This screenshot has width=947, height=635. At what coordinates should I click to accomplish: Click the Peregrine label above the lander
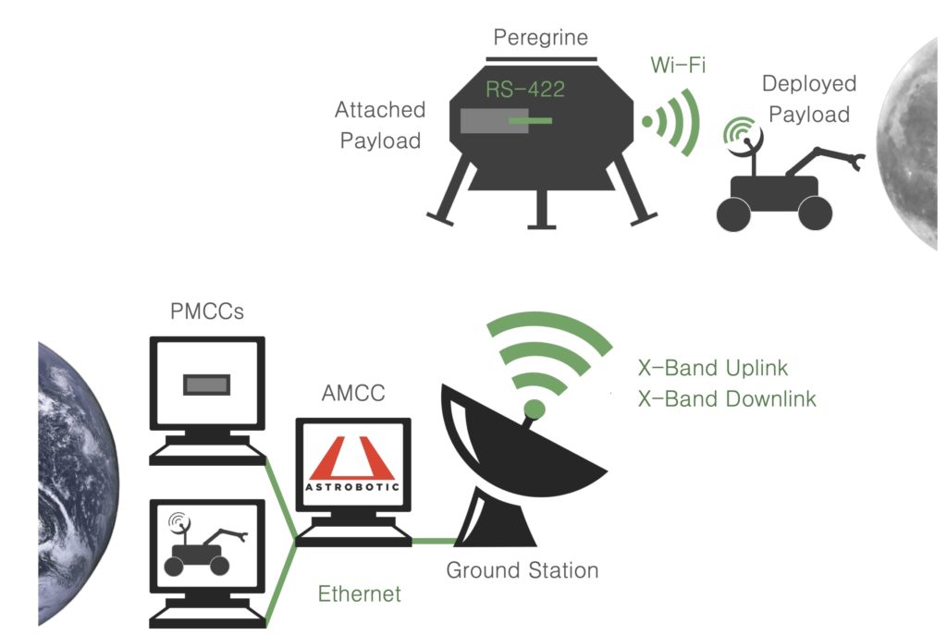(540, 38)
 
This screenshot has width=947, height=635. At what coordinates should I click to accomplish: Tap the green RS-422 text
(525, 91)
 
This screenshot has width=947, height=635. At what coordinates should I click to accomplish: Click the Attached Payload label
(380, 126)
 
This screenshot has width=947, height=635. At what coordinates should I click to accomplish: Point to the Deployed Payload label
(809, 99)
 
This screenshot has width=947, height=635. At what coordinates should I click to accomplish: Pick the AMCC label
(353, 394)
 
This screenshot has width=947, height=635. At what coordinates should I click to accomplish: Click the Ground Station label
(522, 570)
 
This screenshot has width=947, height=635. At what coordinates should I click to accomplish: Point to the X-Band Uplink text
(713, 368)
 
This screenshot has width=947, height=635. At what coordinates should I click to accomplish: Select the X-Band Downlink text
(727, 399)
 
